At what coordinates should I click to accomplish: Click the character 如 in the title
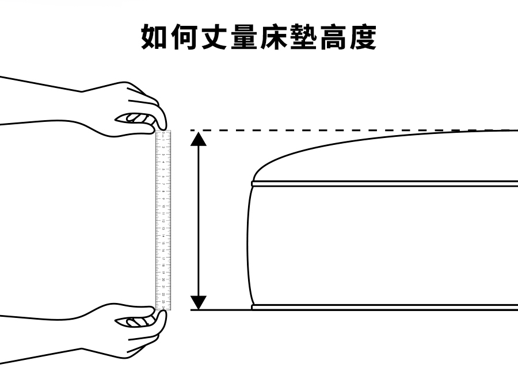point(157,37)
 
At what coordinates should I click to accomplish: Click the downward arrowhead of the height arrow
point(199,302)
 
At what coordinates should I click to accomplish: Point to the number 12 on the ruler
point(163,220)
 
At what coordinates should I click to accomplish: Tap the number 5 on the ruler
point(163,169)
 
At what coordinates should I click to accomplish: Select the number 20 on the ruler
point(163,279)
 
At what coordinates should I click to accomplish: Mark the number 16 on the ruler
point(163,250)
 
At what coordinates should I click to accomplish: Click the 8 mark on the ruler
point(163,191)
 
